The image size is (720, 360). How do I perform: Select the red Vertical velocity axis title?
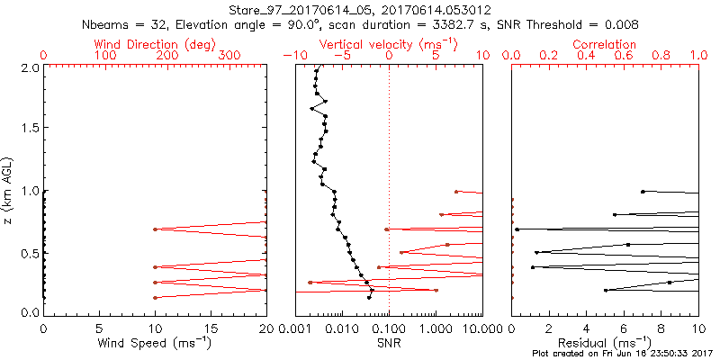(388, 44)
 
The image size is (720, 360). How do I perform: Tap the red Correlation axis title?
(605, 44)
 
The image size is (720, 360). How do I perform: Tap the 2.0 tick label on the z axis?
(29, 67)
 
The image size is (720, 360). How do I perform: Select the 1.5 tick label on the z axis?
(29, 129)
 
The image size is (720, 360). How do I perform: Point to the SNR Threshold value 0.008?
(620, 23)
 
